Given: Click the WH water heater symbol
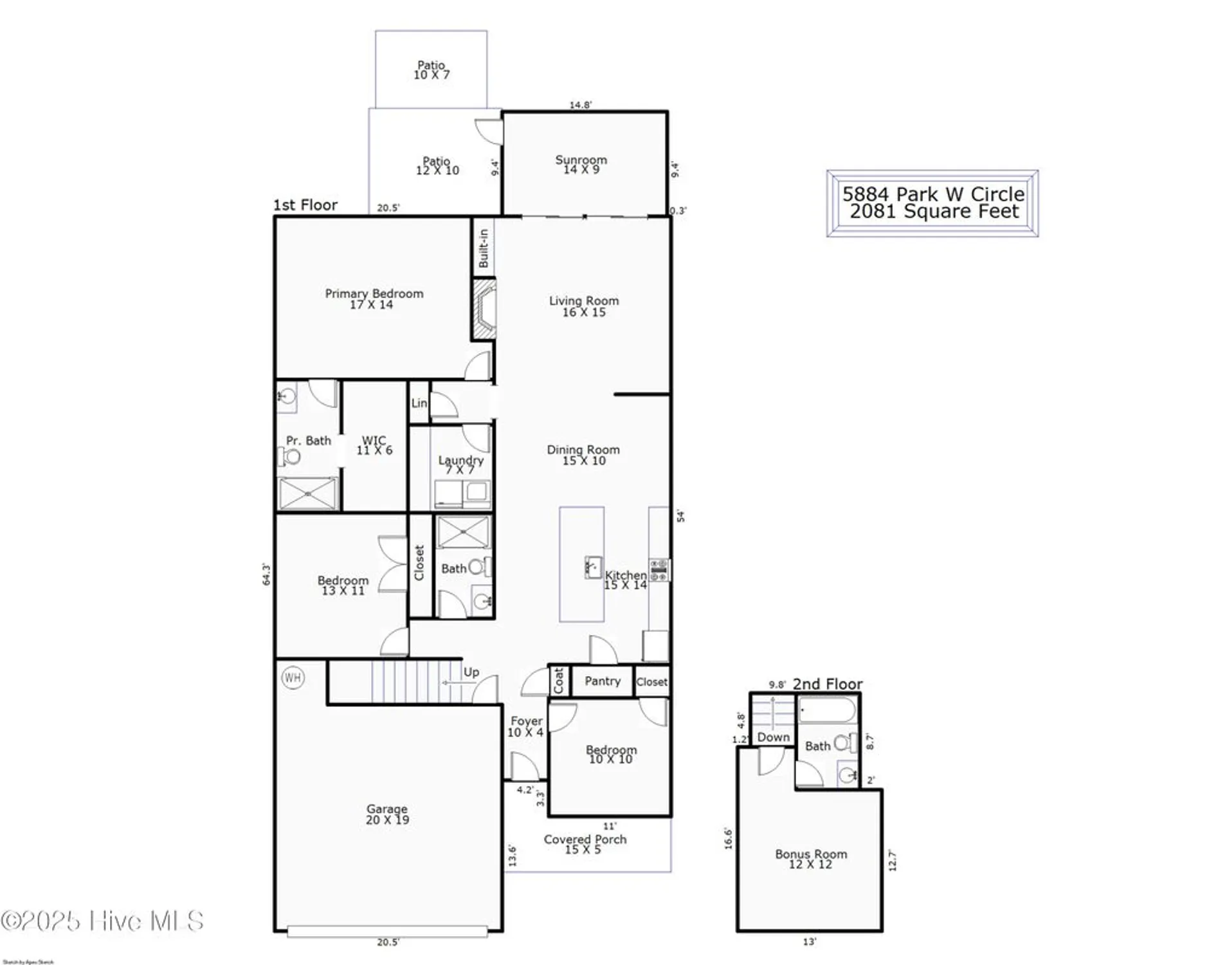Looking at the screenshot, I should [293, 677].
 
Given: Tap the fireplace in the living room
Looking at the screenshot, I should [484, 309].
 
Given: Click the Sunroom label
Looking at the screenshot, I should [581, 160].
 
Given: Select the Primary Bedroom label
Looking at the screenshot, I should [374, 294].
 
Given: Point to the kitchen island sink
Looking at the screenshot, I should [593, 567].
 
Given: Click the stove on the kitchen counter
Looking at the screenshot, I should [659, 570].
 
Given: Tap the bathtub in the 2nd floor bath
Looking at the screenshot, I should [827, 711].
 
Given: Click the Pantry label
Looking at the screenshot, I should [603, 681].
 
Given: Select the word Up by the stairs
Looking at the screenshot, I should [471, 672].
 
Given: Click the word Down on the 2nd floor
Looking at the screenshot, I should [773, 737].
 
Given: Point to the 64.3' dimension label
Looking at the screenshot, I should [266, 574].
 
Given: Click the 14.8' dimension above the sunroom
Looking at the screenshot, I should [580, 104].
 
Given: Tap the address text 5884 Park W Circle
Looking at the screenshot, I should [933, 194].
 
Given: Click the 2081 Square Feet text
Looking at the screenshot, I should [934, 211].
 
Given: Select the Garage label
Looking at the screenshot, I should [387, 809].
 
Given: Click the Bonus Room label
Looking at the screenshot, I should [811, 854].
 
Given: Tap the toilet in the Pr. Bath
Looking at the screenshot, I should [290, 457].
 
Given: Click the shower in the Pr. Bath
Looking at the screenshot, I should [308, 493].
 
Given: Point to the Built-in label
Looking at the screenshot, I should [484, 248].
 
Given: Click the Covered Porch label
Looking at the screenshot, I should [585, 839].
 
